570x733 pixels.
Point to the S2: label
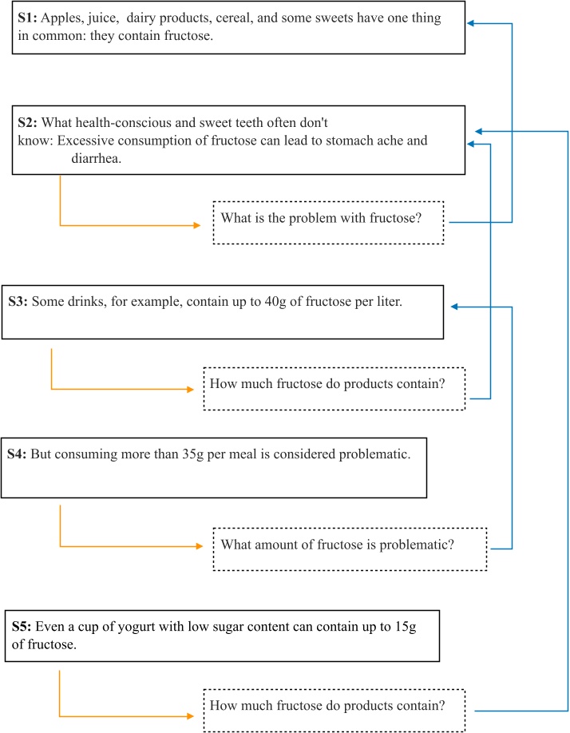(x=27, y=123)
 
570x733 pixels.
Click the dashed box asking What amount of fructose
(x=349, y=549)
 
